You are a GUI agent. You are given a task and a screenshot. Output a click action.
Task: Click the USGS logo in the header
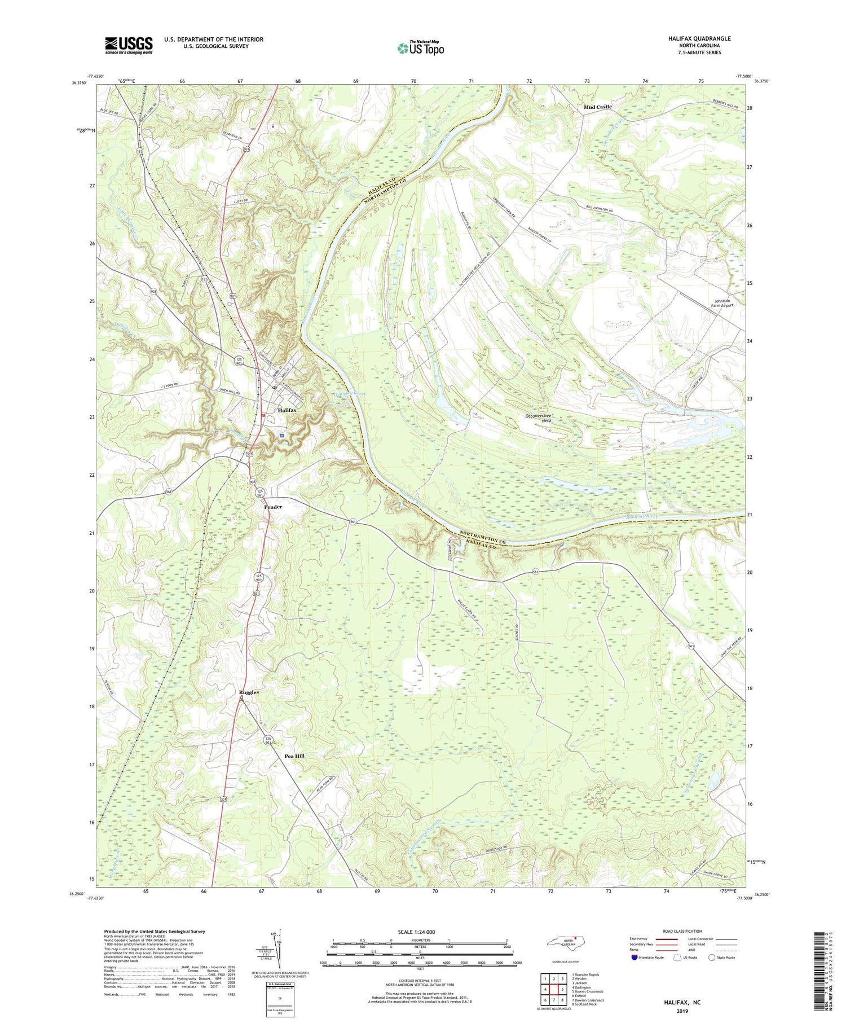(129, 45)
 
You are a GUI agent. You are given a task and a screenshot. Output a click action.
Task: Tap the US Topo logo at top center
(420, 49)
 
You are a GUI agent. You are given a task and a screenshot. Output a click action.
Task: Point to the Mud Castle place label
(598, 107)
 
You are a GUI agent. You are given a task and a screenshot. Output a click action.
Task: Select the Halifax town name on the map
(287, 410)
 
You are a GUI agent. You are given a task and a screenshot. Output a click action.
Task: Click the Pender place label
(273, 507)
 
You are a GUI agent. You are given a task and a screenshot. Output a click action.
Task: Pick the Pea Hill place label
(294, 756)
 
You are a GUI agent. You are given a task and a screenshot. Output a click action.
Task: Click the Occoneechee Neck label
(537, 418)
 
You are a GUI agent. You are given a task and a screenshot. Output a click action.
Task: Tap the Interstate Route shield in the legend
(634, 958)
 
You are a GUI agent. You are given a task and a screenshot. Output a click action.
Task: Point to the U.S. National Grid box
(279, 1000)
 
